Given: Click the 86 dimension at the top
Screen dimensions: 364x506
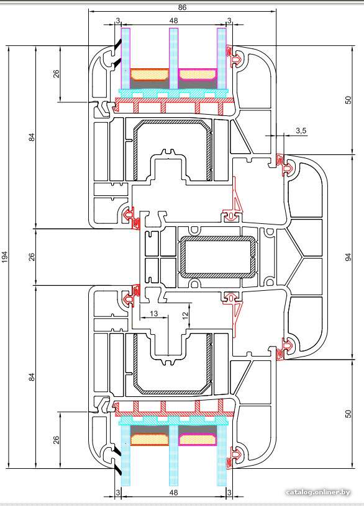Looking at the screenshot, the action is (x=182, y=7).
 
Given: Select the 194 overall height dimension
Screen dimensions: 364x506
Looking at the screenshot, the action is (x=4, y=257).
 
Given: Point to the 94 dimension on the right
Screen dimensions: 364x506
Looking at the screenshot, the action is (x=348, y=257).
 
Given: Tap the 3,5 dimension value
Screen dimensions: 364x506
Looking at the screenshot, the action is (x=301, y=131).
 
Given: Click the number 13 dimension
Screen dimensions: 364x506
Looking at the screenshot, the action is (x=154, y=313).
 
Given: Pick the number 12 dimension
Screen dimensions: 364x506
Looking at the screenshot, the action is (x=185, y=316).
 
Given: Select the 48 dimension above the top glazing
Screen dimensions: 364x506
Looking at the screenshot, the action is (x=173, y=20).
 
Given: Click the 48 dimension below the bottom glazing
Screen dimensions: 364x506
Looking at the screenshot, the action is (x=173, y=492).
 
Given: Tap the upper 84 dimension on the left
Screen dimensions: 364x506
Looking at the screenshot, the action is (x=32, y=137).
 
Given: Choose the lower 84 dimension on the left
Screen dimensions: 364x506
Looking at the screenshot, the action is (x=32, y=376).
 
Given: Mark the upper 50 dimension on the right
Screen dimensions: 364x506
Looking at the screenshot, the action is (x=348, y=100).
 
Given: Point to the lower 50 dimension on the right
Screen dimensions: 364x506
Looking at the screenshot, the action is (x=348, y=414).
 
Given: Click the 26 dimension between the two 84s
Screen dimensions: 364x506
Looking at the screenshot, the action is (x=32, y=257).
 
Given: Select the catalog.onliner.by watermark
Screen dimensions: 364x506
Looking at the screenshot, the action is (x=318, y=492).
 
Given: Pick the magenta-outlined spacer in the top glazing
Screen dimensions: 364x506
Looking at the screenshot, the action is (x=198, y=74).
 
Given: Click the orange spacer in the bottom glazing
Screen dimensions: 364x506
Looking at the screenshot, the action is (x=149, y=439).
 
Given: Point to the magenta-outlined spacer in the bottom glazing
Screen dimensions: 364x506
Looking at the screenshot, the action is (x=198, y=439).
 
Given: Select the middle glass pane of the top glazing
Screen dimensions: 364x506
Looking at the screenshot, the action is (x=173, y=58).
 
